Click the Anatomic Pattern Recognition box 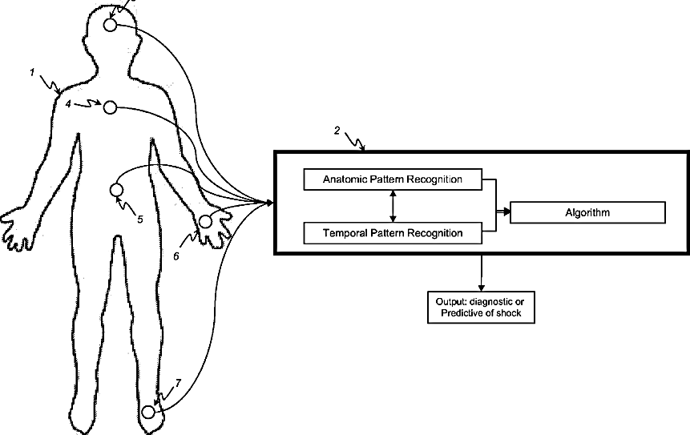[x=393, y=179]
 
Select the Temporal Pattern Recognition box [x=393, y=233]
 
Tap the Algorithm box [x=587, y=212]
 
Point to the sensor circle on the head [x=110, y=25]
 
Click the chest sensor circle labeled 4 [x=110, y=107]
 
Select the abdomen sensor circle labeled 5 [x=115, y=190]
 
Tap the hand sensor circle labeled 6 [x=205, y=221]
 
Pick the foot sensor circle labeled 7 [x=147, y=412]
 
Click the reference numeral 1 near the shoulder [x=32, y=73]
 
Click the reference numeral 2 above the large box [x=337, y=130]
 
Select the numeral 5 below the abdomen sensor [x=139, y=218]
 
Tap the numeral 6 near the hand [x=176, y=256]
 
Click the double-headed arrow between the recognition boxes [x=393, y=206]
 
